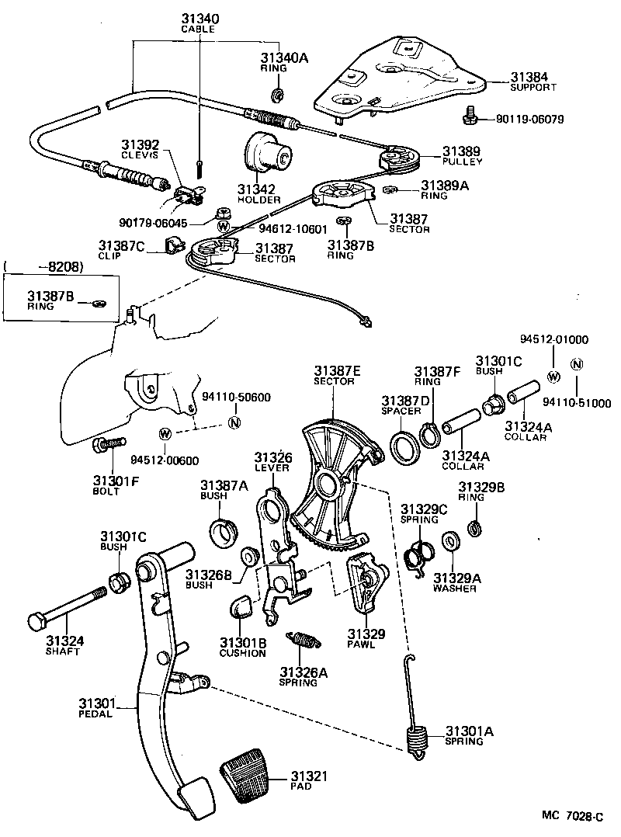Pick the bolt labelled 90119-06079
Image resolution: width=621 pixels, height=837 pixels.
[x=470, y=116]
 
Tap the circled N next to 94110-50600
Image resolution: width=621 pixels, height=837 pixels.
[x=234, y=422]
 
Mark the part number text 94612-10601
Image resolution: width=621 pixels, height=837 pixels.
[x=293, y=229]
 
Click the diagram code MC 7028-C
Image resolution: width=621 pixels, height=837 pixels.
[x=572, y=816]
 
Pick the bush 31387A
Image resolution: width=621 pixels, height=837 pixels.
[x=224, y=532]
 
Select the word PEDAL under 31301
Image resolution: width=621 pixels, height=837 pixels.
[x=95, y=714]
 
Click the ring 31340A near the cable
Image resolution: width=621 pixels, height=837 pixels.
[x=277, y=95]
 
